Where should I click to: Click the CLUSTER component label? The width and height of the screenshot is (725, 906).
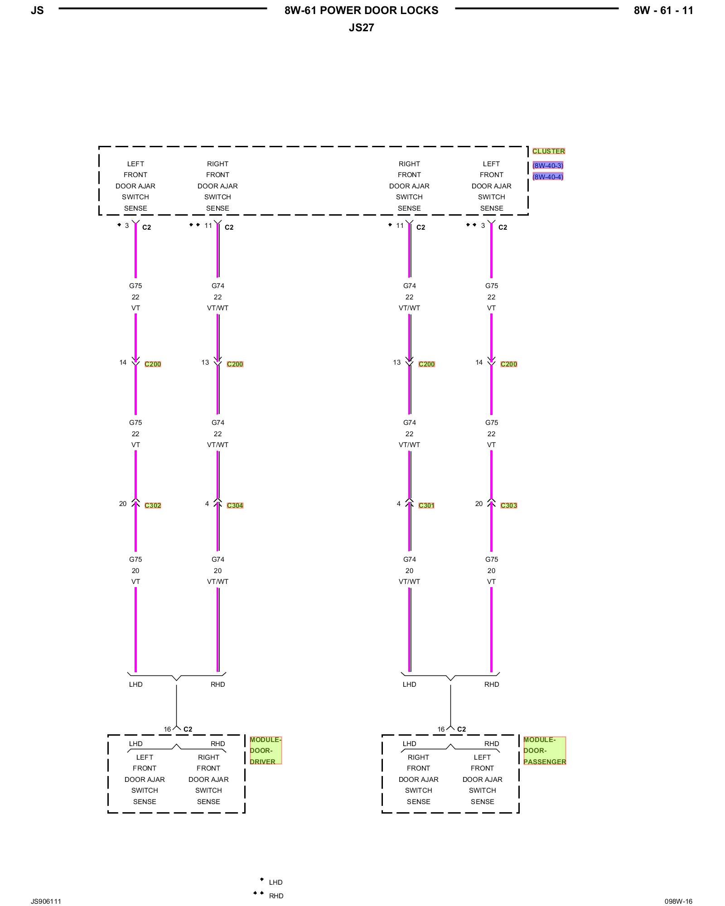(548, 151)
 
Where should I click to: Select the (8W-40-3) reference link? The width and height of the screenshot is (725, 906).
(548, 166)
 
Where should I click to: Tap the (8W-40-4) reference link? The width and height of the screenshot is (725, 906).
(548, 177)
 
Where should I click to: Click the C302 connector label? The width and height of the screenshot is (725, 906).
(153, 506)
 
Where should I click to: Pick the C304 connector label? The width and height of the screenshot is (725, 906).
(235, 506)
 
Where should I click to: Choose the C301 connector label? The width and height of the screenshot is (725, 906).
(426, 506)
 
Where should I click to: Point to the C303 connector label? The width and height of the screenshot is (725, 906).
(508, 506)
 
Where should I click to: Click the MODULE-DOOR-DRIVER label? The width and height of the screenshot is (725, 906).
(265, 751)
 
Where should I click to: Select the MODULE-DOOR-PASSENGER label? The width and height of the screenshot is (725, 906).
(544, 751)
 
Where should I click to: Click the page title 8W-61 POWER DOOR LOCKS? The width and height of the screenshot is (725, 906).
(361, 11)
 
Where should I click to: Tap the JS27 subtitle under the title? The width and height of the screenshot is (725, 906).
(361, 28)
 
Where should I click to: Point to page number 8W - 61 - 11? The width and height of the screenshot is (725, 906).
(663, 11)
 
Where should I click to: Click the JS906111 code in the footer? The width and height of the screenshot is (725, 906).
(46, 901)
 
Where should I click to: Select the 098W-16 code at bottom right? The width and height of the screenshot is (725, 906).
(678, 901)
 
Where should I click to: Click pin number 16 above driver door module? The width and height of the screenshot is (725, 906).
(167, 729)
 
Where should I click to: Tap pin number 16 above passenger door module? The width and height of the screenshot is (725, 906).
(441, 729)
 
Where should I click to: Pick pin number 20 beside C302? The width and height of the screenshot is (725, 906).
(123, 504)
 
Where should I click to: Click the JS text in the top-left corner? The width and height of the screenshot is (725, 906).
(37, 11)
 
